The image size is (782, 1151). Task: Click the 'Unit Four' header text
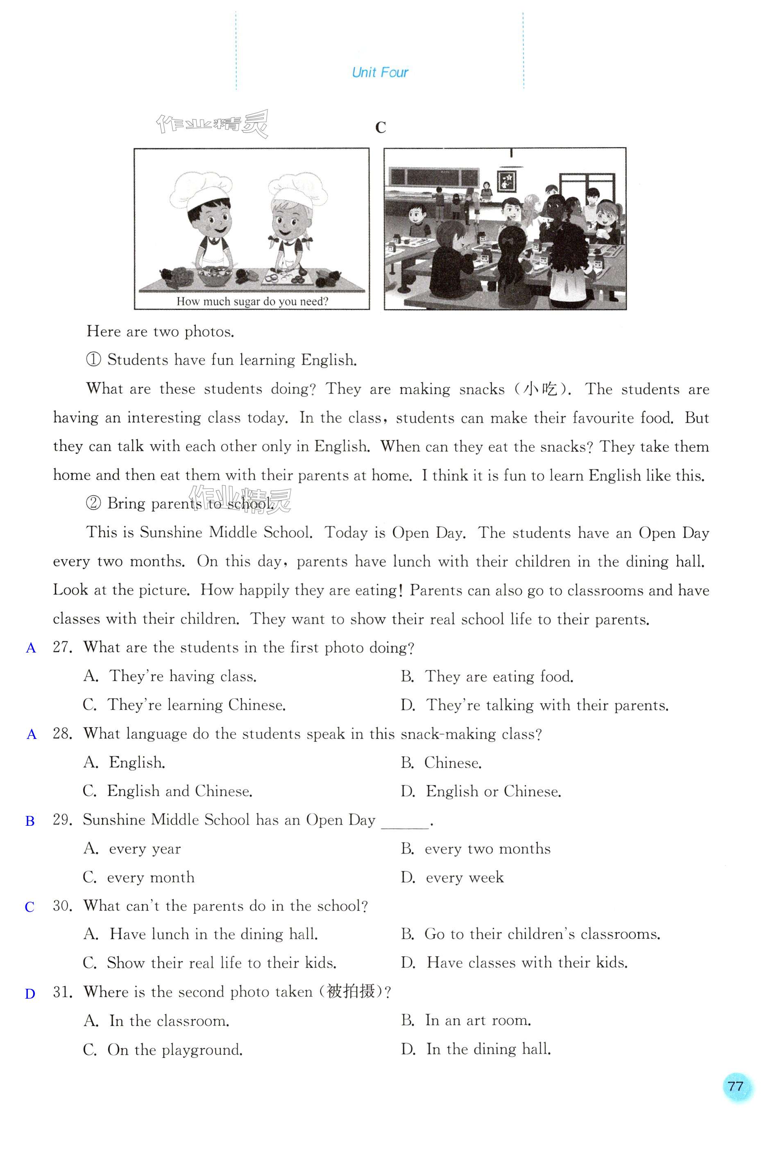379,73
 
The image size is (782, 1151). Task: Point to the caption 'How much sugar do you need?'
252,301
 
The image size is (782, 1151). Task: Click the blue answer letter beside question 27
31,648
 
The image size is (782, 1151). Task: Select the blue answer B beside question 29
30,821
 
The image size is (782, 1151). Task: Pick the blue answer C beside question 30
30,907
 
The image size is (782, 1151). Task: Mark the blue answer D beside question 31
30,993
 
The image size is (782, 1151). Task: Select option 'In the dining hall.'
488,1049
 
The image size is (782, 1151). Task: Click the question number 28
62,734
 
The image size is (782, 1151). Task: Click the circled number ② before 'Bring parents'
93,504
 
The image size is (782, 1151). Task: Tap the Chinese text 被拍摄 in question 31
351,992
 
